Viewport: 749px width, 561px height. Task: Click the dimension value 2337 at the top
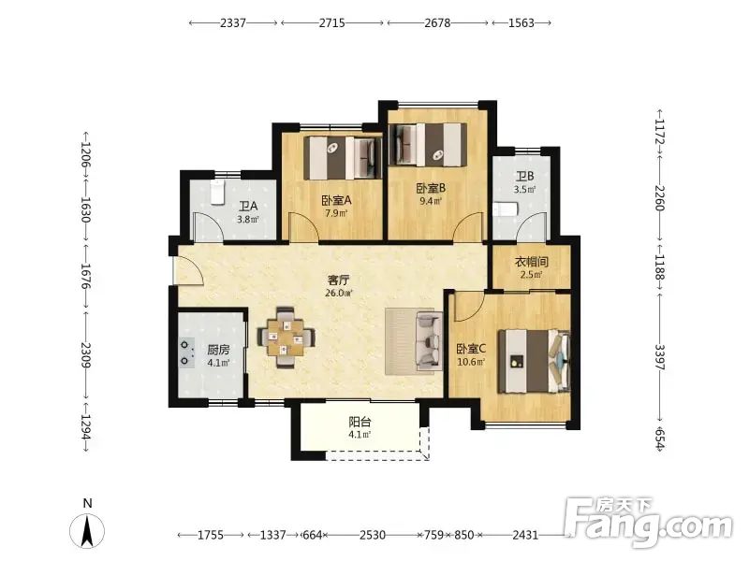click(x=233, y=22)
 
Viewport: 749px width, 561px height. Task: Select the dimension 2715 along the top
click(x=332, y=22)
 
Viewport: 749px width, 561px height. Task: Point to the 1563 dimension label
click(x=521, y=22)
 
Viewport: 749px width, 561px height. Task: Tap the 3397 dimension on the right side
click(x=660, y=357)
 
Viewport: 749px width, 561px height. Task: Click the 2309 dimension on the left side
click(x=86, y=355)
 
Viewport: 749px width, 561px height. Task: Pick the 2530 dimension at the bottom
click(x=373, y=535)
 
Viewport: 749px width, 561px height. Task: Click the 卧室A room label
click(x=336, y=200)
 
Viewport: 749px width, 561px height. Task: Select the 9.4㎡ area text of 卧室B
click(x=431, y=201)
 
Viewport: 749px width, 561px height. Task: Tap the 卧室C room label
click(x=471, y=349)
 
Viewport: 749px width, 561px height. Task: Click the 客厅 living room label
click(x=338, y=280)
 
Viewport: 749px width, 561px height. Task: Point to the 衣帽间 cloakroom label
click(x=531, y=262)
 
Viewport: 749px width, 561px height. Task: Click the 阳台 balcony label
click(x=360, y=422)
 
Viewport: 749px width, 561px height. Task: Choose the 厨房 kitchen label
click(x=218, y=350)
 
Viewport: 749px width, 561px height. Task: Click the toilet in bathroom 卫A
click(x=217, y=193)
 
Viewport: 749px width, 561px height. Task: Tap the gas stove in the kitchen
click(x=186, y=352)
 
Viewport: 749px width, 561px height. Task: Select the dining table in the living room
click(x=286, y=338)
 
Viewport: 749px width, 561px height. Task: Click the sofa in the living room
click(x=429, y=340)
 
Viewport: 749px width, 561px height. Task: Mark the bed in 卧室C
click(x=535, y=361)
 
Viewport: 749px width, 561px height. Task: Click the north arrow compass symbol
click(x=87, y=531)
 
